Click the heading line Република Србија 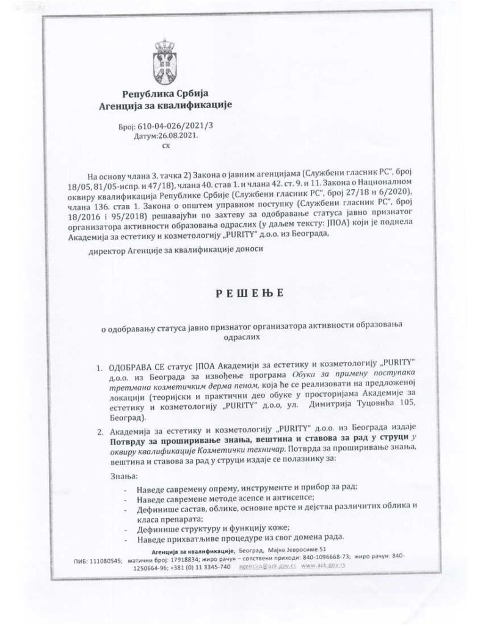pos(165,94)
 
